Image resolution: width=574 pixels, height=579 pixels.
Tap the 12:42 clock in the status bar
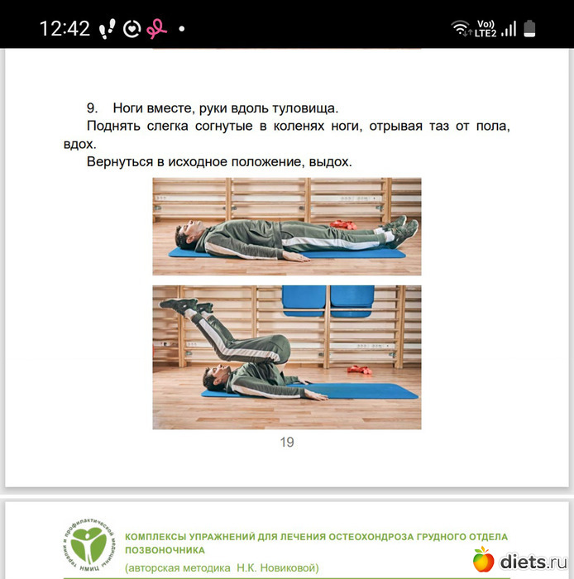tap(65, 28)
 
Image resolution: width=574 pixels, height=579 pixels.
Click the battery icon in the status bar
tap(529, 28)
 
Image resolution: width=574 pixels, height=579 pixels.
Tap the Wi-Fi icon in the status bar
tap(461, 28)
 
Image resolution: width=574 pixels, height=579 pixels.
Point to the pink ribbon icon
tap(156, 29)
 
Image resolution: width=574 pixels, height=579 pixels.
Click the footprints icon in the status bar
tap(107, 29)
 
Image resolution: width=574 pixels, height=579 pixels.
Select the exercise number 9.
tap(92, 108)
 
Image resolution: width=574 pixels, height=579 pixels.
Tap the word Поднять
tap(113, 127)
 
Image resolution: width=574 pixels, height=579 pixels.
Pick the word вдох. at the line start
tap(79, 144)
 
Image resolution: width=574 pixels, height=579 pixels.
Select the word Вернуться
tap(120, 162)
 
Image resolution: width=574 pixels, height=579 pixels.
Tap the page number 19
tap(287, 442)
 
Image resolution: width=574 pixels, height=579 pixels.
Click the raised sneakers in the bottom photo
tap(185, 306)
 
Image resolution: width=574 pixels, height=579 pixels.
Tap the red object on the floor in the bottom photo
tap(359, 369)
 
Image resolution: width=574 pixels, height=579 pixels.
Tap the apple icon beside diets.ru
tap(483, 559)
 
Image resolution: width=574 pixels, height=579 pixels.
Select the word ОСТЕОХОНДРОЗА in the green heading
tap(371, 537)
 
